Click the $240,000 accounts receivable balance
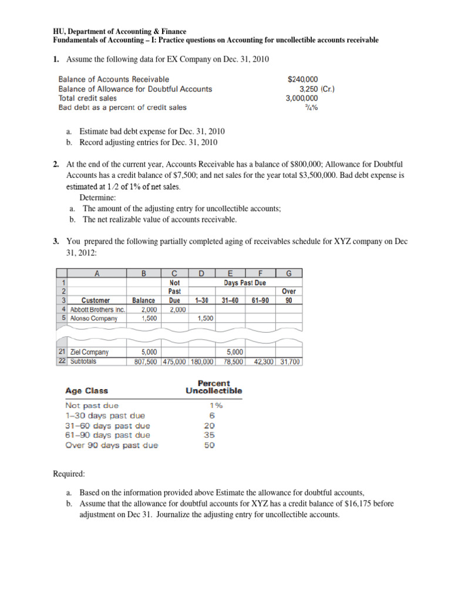click(302, 79)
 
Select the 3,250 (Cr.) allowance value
click(312, 89)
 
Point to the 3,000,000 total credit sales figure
click(302, 98)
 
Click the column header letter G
click(289, 272)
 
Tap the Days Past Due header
click(245, 283)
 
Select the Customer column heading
click(96, 300)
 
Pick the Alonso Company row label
click(94, 318)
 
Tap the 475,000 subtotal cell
click(174, 362)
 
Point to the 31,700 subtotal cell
click(289, 362)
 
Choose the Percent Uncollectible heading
click(214, 387)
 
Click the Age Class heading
click(86, 390)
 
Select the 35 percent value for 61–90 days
click(210, 435)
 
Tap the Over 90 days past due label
click(112, 445)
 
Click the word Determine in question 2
click(97, 198)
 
